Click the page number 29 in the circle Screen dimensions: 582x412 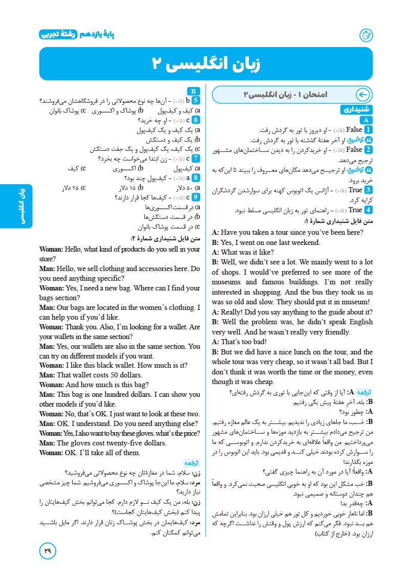(x=48, y=551)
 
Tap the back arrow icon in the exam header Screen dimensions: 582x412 (x=362, y=95)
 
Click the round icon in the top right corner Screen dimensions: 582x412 (x=366, y=35)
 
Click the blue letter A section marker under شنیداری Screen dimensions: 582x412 (x=366, y=120)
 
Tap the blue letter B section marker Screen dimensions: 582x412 (x=195, y=90)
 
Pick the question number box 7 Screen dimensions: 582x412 (x=196, y=158)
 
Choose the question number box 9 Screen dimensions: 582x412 (x=196, y=197)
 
